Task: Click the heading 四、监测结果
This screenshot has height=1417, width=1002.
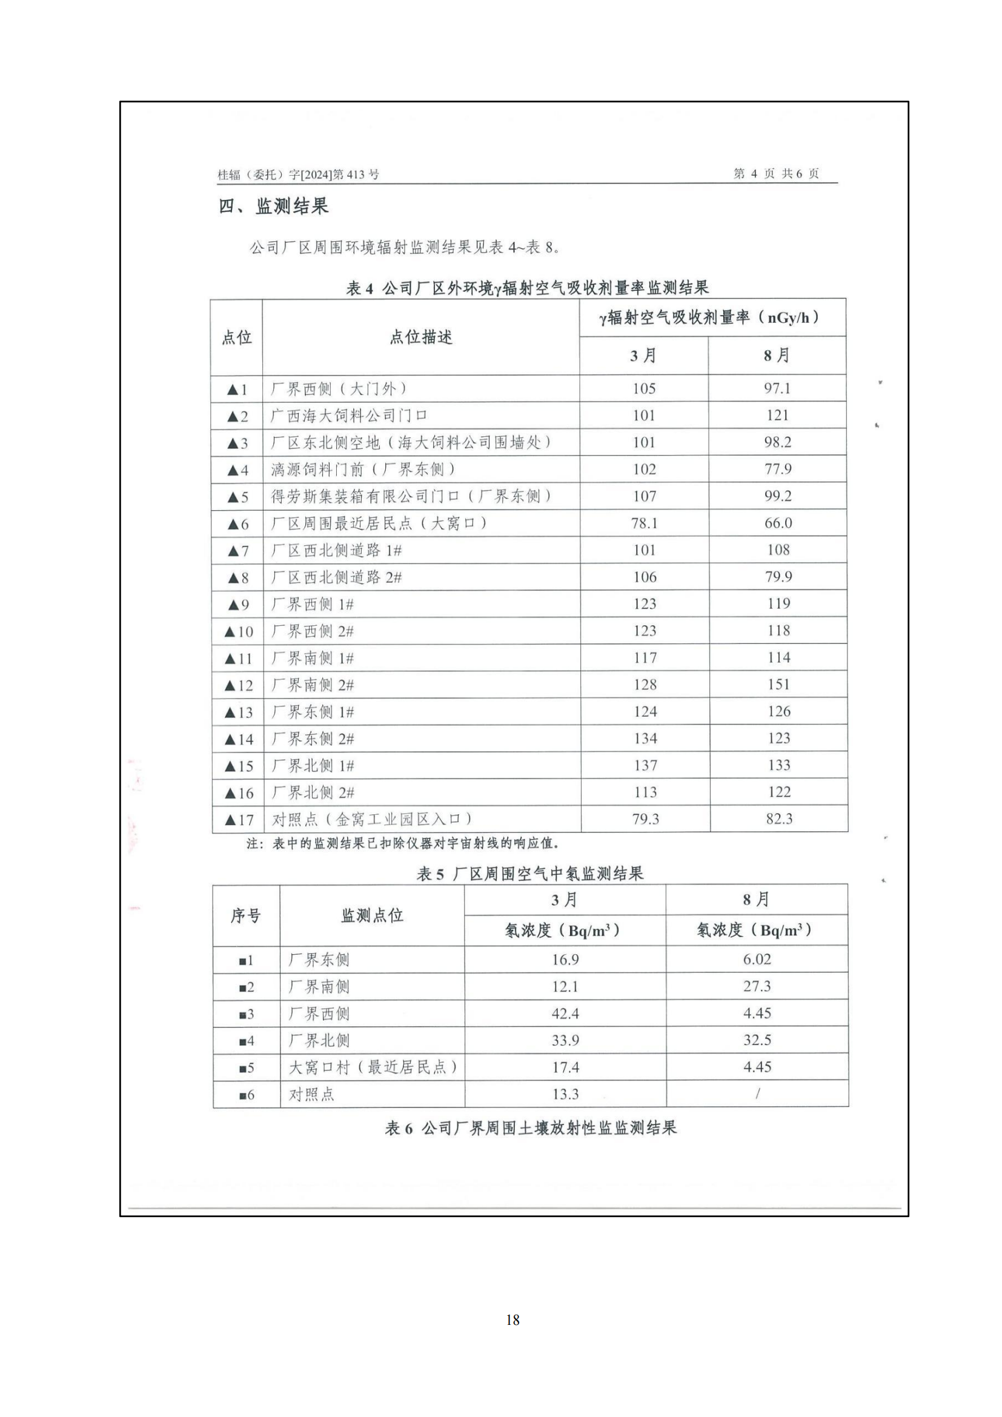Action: coord(273,206)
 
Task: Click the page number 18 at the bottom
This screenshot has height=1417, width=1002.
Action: coord(513,1319)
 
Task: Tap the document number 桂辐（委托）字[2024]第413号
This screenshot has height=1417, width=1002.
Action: coord(298,174)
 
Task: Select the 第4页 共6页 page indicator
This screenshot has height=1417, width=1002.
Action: coord(775,173)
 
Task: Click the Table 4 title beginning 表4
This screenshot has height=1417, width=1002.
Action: coord(528,288)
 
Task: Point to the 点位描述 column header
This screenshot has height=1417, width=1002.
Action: coord(421,337)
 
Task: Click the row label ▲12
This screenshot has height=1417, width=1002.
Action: coord(239,686)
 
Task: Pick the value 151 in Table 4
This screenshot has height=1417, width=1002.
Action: coord(778,685)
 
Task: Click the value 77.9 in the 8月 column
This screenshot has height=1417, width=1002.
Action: coord(778,469)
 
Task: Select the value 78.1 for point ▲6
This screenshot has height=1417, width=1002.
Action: coord(644,523)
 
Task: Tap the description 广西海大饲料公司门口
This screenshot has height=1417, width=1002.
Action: coord(349,416)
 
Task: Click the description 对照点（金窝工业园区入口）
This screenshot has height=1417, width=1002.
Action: coord(372,820)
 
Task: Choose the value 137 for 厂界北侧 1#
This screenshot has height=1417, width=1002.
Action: coord(645,765)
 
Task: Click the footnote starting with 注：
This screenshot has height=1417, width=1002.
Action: coord(402,843)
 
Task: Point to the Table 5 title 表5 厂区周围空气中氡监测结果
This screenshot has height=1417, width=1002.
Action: coord(530,874)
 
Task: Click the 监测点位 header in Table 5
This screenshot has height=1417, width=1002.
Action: coord(372,915)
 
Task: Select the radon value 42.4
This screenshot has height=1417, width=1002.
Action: coord(565,1014)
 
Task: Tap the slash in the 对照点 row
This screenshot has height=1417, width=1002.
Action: coord(757,1094)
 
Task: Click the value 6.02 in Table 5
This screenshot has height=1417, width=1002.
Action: coord(757,959)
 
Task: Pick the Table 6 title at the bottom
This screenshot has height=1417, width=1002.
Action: coord(531,1128)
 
